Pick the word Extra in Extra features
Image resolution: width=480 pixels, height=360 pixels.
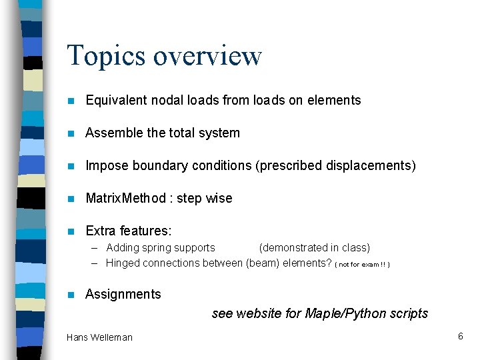pos(101,231)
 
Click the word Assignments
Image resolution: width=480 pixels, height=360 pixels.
pos(123,294)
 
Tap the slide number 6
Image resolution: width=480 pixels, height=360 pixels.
pos(460,336)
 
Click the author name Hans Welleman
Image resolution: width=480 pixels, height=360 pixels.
pos(99,337)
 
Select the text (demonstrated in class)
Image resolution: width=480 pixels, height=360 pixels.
pos(314,248)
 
